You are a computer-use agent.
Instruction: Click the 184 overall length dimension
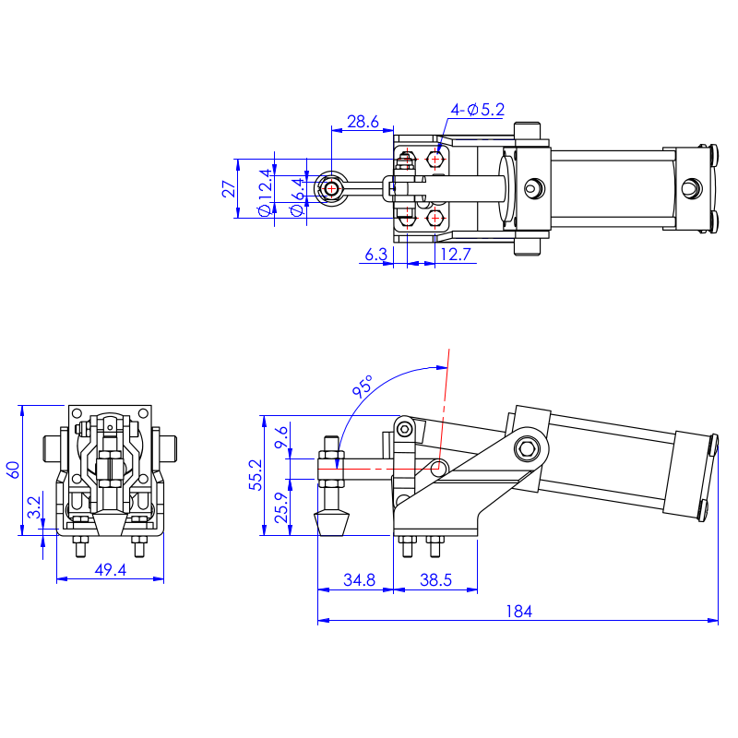coord(518,612)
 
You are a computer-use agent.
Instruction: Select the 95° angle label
coord(363,386)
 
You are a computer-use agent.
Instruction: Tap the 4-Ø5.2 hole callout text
coord(477,110)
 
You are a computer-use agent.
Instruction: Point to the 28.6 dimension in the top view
coord(363,122)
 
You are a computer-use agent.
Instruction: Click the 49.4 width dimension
coord(111,570)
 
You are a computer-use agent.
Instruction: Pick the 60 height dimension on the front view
coord(13,470)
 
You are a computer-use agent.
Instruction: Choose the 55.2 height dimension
coord(256,475)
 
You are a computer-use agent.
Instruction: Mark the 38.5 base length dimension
coord(435,580)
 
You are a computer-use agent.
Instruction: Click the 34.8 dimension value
coord(359,580)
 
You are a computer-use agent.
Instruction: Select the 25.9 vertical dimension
coord(281,507)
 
